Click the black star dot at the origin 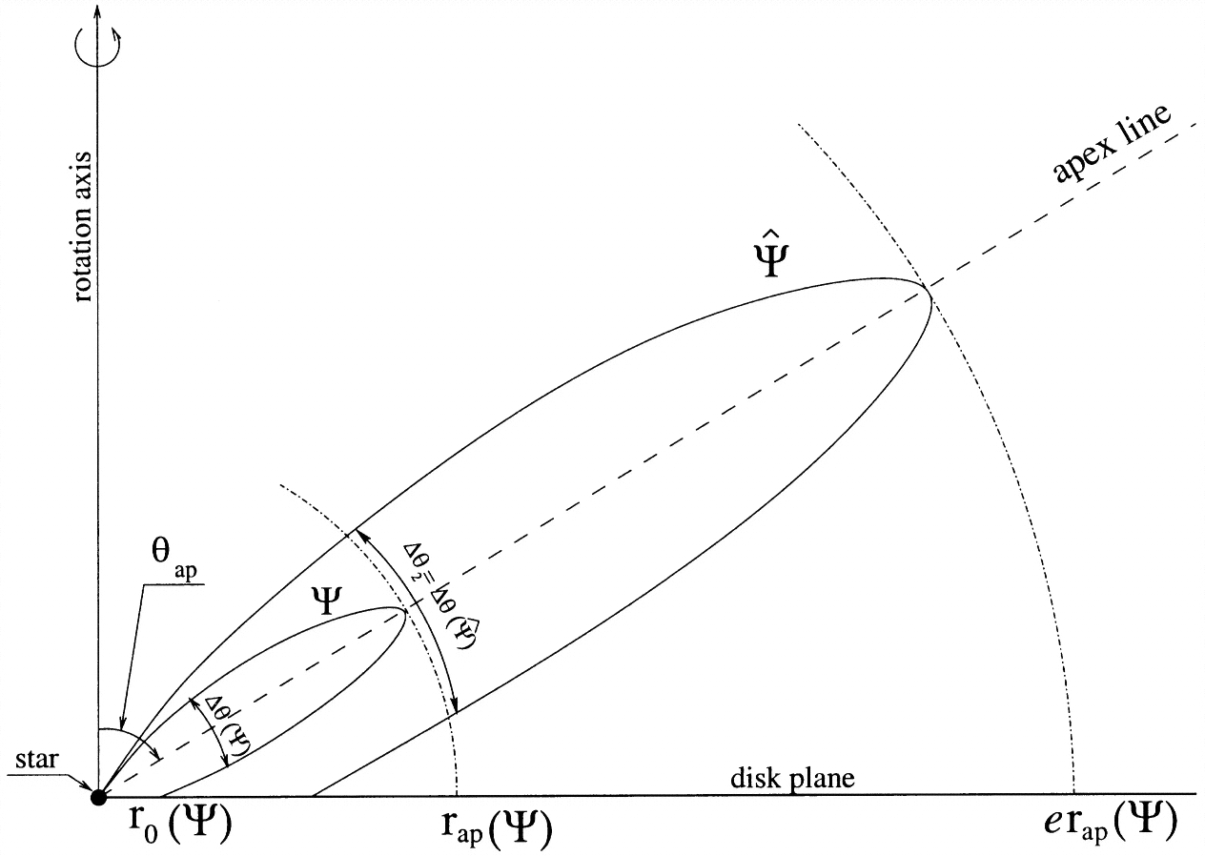[x=97, y=797]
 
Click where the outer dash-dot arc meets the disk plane [x=1074, y=793]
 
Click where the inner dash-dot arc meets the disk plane [x=459, y=793]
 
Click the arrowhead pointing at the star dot [x=88, y=789]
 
